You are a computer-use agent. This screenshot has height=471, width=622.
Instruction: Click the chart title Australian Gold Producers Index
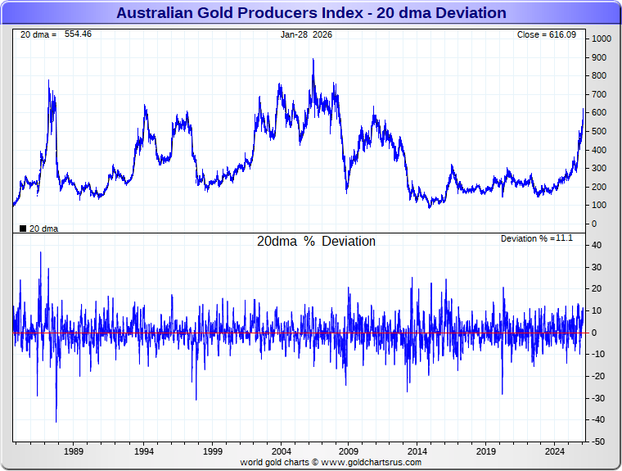point(311,13)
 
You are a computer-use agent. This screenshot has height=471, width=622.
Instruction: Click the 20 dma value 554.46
point(78,34)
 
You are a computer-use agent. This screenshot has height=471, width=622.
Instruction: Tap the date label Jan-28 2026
point(306,34)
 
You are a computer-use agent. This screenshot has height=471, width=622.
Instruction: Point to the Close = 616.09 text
point(547,34)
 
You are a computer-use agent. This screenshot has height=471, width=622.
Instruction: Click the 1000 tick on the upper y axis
point(602,39)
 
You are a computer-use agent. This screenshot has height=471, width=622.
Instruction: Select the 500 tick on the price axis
point(599,132)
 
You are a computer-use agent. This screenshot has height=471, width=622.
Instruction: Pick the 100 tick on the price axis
point(599,206)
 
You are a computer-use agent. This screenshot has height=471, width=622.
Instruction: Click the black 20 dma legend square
point(23,229)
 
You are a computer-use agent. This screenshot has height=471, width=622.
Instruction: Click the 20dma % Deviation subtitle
point(316,242)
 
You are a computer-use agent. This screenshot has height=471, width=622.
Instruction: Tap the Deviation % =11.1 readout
point(537,238)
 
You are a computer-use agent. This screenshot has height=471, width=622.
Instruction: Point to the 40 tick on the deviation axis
point(597,246)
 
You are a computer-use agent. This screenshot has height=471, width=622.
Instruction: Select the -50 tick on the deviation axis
point(598,442)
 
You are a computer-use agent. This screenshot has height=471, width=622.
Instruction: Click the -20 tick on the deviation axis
point(598,377)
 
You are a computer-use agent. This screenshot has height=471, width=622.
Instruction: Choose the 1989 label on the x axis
point(74,451)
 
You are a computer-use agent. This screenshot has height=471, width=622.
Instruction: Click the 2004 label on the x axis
point(281,451)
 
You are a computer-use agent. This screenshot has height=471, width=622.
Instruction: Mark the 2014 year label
point(417,451)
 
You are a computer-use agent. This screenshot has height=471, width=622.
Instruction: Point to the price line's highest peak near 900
point(313,59)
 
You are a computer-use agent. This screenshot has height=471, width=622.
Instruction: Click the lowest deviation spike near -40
point(56,422)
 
